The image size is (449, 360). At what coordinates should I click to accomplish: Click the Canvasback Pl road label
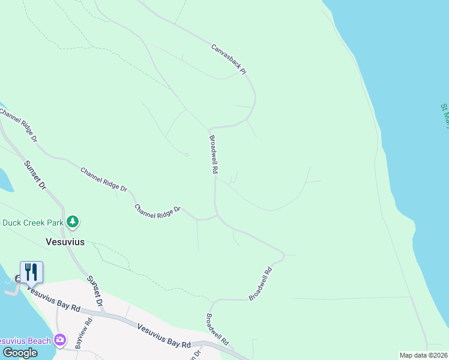pos(229,59)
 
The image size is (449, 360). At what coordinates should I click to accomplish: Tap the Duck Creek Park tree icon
pos(73,222)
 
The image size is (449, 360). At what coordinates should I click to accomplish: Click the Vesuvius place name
pos(65,242)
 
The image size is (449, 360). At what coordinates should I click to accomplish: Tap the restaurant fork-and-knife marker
pos(31,272)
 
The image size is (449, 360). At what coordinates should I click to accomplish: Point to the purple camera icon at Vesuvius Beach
pos(59,340)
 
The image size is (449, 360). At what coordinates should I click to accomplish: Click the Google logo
pos(20,353)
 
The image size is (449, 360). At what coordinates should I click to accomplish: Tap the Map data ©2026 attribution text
pos(423,355)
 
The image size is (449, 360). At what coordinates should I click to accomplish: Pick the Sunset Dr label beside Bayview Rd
pos(95,291)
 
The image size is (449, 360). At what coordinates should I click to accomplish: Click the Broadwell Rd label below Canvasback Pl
pos(212,154)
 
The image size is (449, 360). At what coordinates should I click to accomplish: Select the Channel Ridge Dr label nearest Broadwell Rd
pos(157,211)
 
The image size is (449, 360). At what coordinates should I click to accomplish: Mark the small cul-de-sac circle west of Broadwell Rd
pos(187,155)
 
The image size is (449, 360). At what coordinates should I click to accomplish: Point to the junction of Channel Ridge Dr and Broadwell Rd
pos(216,216)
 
